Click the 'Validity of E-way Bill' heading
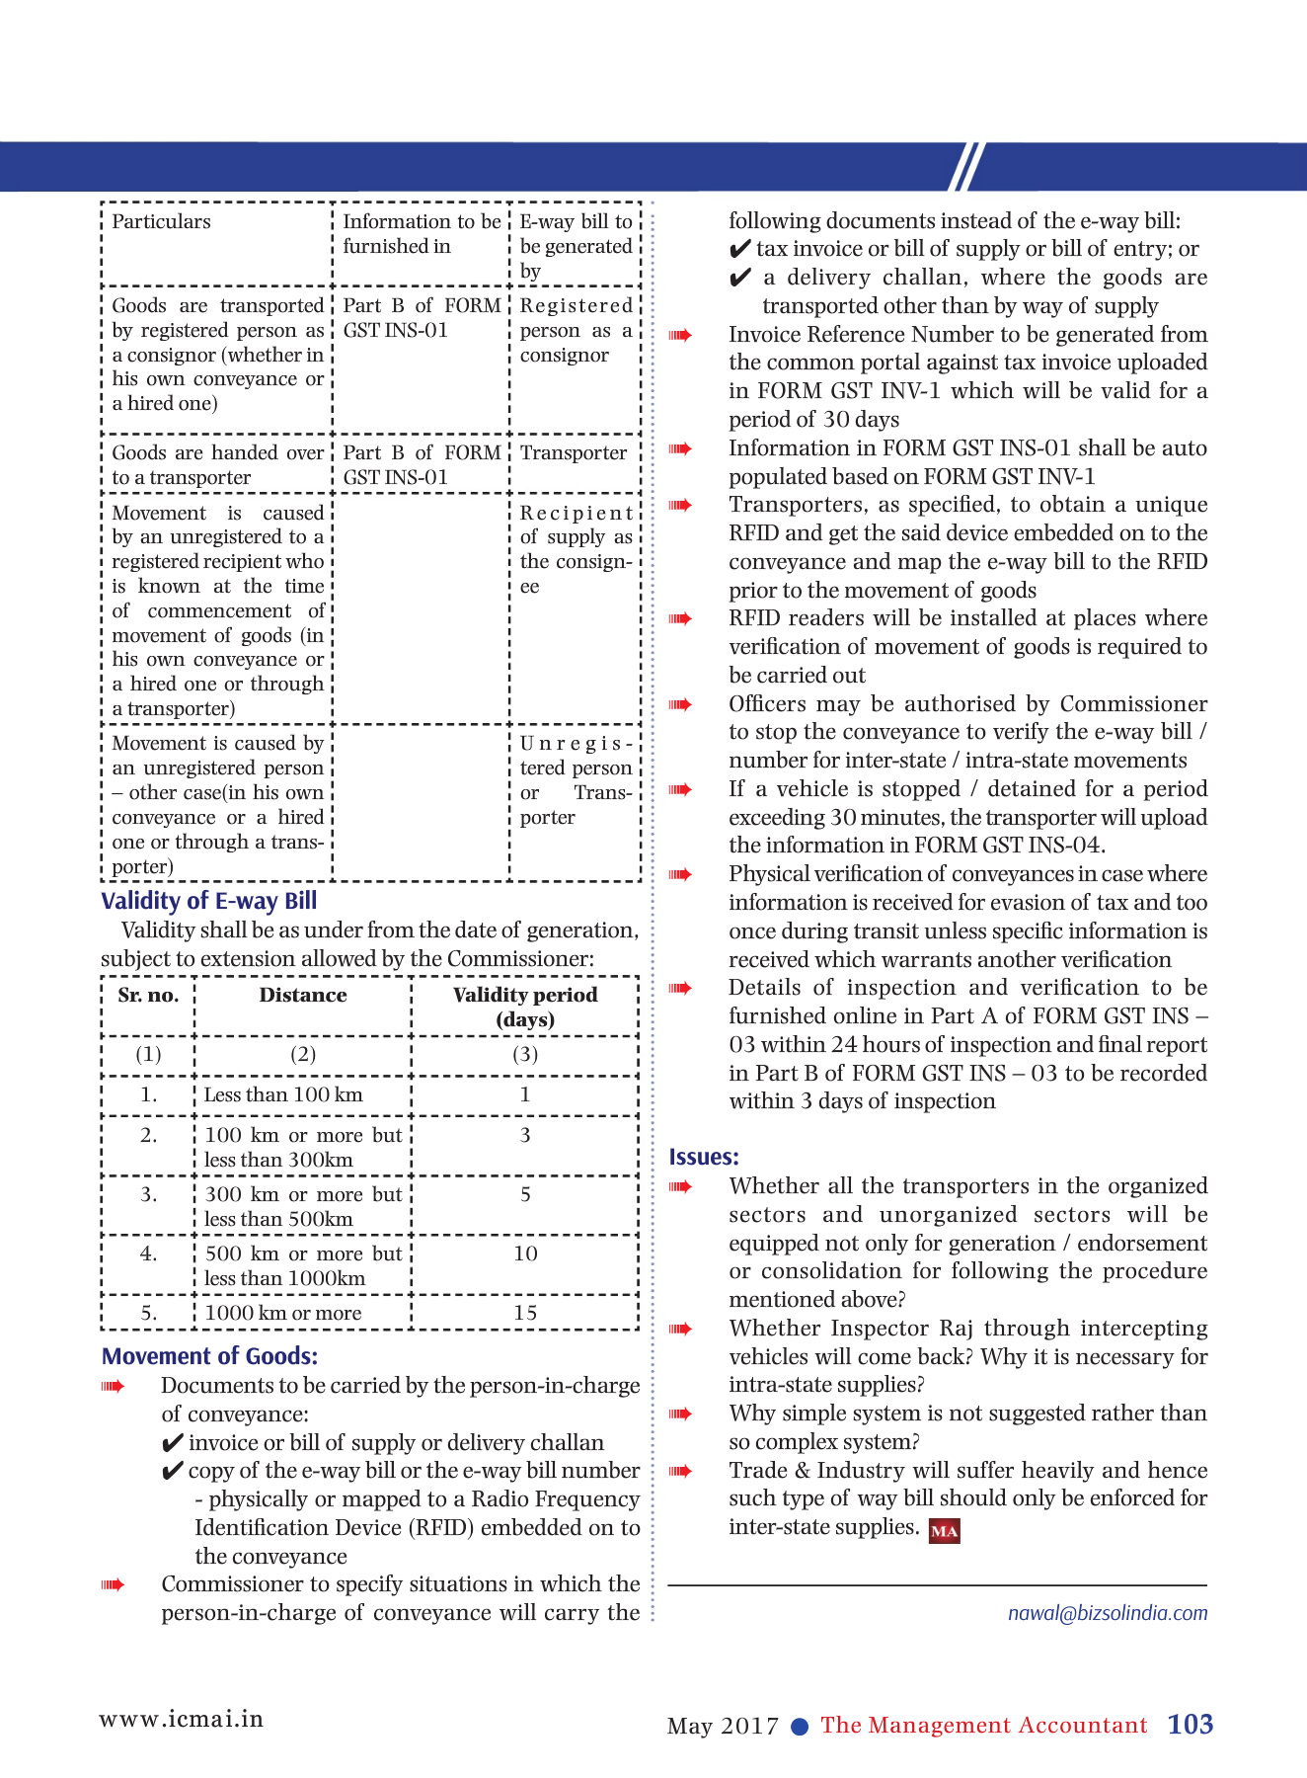pyautogui.click(x=208, y=901)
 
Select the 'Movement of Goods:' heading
pyautogui.click(x=209, y=1356)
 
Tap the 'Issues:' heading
pyautogui.click(x=704, y=1157)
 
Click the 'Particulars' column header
pyautogui.click(x=161, y=221)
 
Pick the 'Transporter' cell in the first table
pyautogui.click(x=574, y=453)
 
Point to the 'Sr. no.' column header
pyautogui.click(x=148, y=996)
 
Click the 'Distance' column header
pyautogui.click(x=303, y=996)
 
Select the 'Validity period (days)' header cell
pyautogui.click(x=525, y=1007)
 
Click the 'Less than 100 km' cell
pyautogui.click(x=283, y=1094)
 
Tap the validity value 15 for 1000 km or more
pyautogui.click(x=525, y=1313)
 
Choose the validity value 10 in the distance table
pyautogui.click(x=525, y=1253)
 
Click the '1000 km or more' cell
pyautogui.click(x=283, y=1313)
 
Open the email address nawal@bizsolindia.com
pyautogui.click(x=1107, y=1613)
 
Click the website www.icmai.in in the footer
pyautogui.click(x=182, y=1719)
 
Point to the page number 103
pyautogui.click(x=1190, y=1725)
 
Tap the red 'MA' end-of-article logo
pyautogui.click(x=945, y=1531)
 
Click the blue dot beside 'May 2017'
pyautogui.click(x=801, y=1727)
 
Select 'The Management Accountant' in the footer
pyautogui.click(x=983, y=1726)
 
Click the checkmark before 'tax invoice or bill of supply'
pyautogui.click(x=739, y=250)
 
